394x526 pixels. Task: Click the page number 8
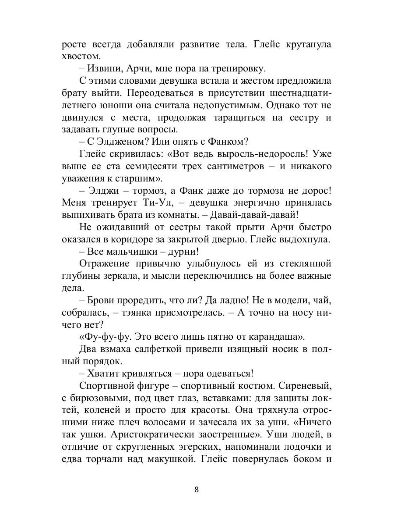tap(197, 490)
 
